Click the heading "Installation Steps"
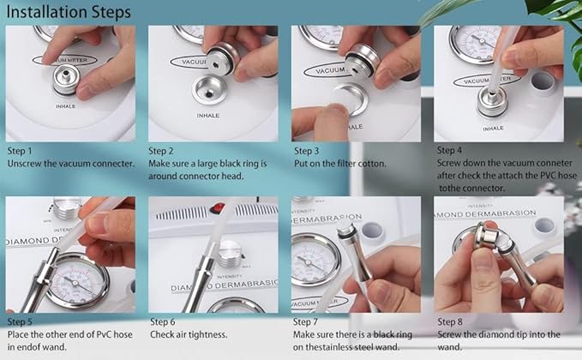tap(69, 12)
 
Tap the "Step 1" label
tap(20, 151)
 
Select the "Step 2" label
tap(161, 151)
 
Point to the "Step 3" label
tap(307, 151)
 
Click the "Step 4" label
tap(449, 150)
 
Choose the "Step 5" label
tap(20, 321)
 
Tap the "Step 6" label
tap(163, 321)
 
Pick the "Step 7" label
tap(305, 321)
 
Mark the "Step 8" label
tap(450, 321)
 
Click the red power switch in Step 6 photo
tap(218, 208)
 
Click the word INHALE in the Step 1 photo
tap(66, 106)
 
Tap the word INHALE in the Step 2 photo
tap(207, 116)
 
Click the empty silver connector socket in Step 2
tap(209, 90)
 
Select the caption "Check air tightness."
tap(189, 335)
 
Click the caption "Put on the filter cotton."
tap(340, 164)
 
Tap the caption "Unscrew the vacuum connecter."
tap(71, 164)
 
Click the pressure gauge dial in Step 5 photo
tap(77, 281)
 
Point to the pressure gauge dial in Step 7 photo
tap(315, 261)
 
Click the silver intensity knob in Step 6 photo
tap(230, 253)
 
